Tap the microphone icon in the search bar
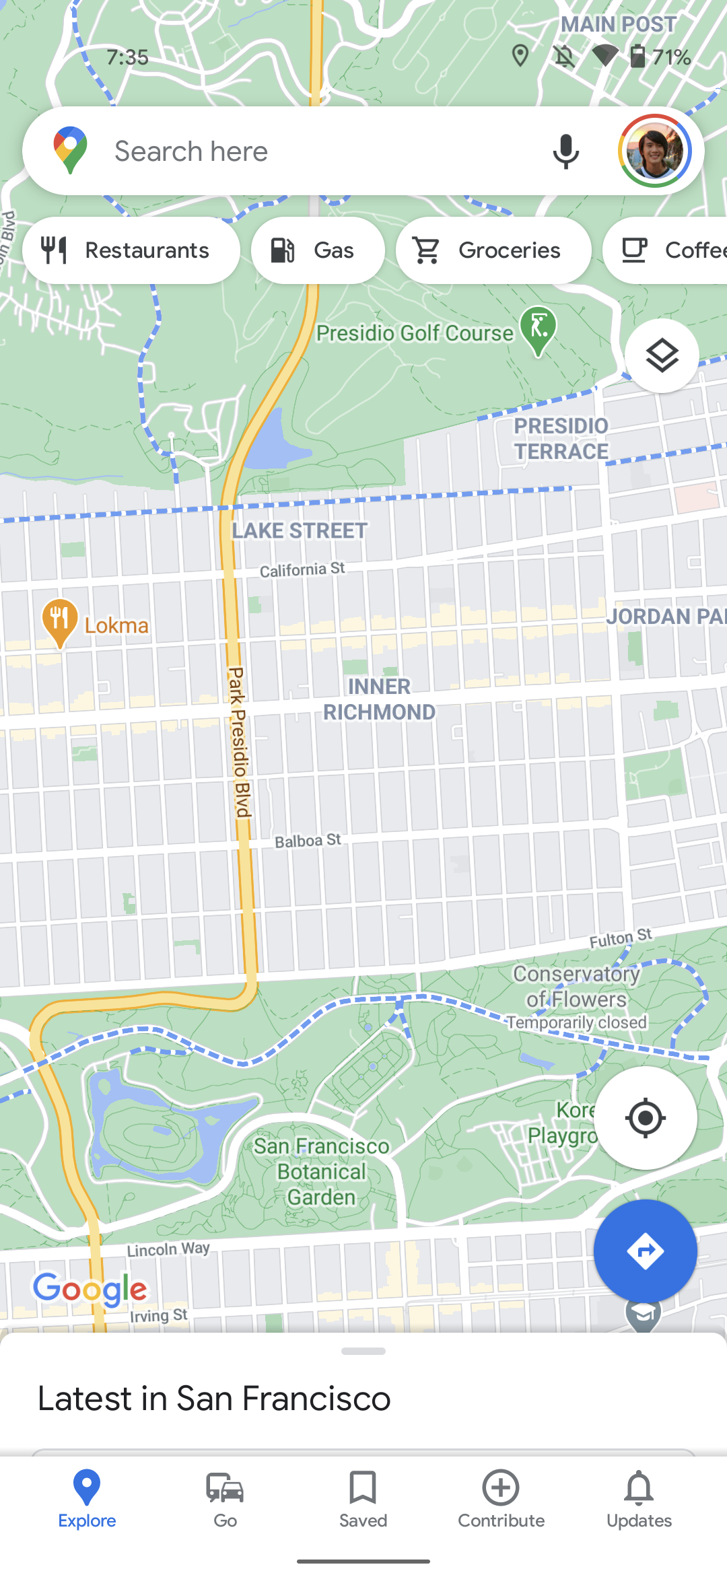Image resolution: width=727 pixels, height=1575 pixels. click(x=565, y=151)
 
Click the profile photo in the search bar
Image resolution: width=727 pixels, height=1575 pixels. click(x=655, y=151)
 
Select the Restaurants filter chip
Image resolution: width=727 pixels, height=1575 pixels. click(x=131, y=250)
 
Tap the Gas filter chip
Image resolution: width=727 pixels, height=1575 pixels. click(x=318, y=250)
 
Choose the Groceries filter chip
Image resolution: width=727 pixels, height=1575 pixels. click(x=493, y=250)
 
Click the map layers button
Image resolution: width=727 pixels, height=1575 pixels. click(x=662, y=355)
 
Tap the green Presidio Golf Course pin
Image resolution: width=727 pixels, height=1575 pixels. click(x=539, y=328)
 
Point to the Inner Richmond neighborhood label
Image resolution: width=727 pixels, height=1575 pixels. click(x=379, y=699)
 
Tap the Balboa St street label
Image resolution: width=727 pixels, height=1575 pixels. click(x=308, y=841)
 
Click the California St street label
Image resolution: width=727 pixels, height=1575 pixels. click(x=302, y=570)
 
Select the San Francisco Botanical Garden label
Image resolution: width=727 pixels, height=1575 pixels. click(x=322, y=1171)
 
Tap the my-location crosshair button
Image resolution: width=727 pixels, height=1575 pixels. click(x=645, y=1118)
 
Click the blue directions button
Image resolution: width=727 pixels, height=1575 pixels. click(x=645, y=1251)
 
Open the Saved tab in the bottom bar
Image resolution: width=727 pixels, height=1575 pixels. click(x=363, y=1498)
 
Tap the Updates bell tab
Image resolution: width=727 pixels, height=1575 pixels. click(x=639, y=1498)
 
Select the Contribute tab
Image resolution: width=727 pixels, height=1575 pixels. click(x=501, y=1498)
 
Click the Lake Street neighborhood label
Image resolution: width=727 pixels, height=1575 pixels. click(x=300, y=531)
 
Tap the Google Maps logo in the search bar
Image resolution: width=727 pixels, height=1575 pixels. click(x=71, y=150)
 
